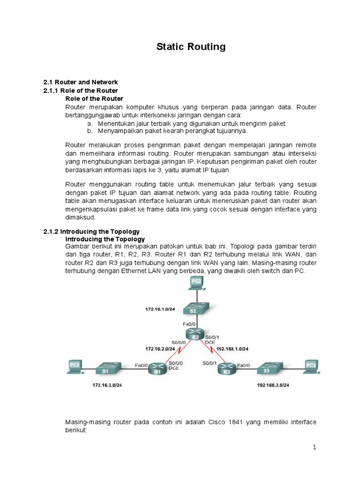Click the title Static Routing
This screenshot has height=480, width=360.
pos(190,47)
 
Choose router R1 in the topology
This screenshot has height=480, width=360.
pos(157,370)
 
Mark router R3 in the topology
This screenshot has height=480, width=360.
pos(227,370)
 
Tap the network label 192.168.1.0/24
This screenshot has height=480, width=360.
pos(232,349)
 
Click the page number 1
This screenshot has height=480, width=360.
pos(315,448)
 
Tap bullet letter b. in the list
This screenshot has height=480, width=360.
pos(89,131)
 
